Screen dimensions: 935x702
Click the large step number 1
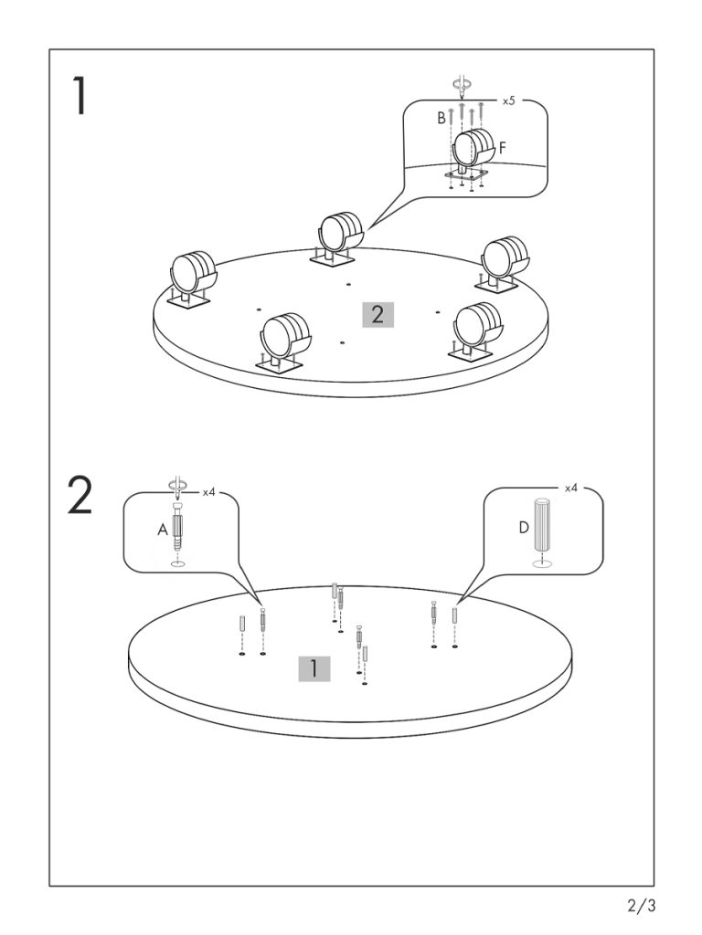click(80, 96)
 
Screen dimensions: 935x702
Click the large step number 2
click(80, 496)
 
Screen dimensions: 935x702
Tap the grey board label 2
click(378, 315)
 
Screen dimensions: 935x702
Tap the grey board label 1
click(314, 668)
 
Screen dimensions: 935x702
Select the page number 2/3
click(642, 907)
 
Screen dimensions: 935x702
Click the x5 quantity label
click(508, 100)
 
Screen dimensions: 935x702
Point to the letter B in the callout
click(441, 118)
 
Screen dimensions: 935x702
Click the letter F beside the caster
click(503, 146)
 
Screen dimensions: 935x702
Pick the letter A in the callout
click(163, 528)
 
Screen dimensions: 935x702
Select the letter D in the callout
click(524, 528)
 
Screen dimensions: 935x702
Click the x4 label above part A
click(208, 491)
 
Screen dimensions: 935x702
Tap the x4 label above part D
click(571, 489)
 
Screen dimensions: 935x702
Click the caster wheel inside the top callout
click(473, 148)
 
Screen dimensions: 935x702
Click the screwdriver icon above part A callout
click(177, 486)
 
